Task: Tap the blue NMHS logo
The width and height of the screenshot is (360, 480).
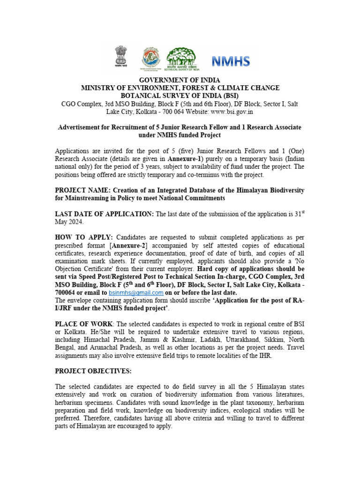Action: pyautogui.click(x=231, y=60)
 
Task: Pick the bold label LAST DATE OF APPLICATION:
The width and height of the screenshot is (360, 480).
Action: pyautogui.click(x=104, y=214)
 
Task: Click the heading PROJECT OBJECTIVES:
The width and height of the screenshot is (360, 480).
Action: pyautogui.click(x=93, y=371)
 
